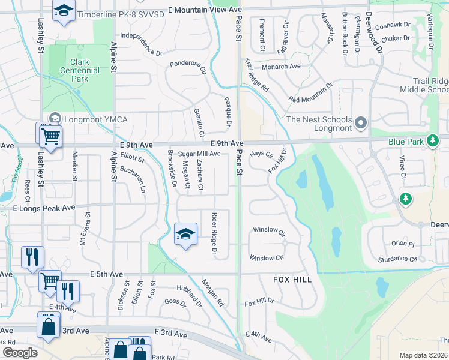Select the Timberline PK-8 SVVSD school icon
click(x=63, y=12)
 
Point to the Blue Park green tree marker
click(x=432, y=142)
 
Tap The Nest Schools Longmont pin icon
click(x=361, y=124)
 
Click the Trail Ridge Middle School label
click(x=423, y=85)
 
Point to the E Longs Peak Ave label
click(x=44, y=208)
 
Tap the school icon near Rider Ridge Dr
click(x=186, y=234)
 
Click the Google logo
click(x=20, y=353)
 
